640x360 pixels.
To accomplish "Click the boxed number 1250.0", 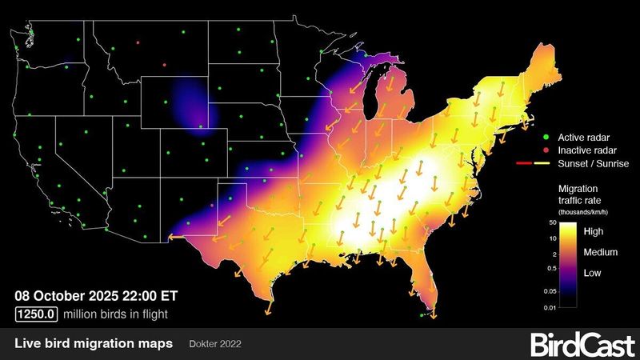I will click(x=36, y=314).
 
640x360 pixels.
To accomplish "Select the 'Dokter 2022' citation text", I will click(x=215, y=344).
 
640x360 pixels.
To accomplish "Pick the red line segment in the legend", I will click(x=524, y=163).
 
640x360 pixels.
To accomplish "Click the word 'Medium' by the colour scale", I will click(x=601, y=252).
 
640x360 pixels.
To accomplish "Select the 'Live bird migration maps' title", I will click(x=94, y=344).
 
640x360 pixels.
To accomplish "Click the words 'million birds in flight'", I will click(x=115, y=314).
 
